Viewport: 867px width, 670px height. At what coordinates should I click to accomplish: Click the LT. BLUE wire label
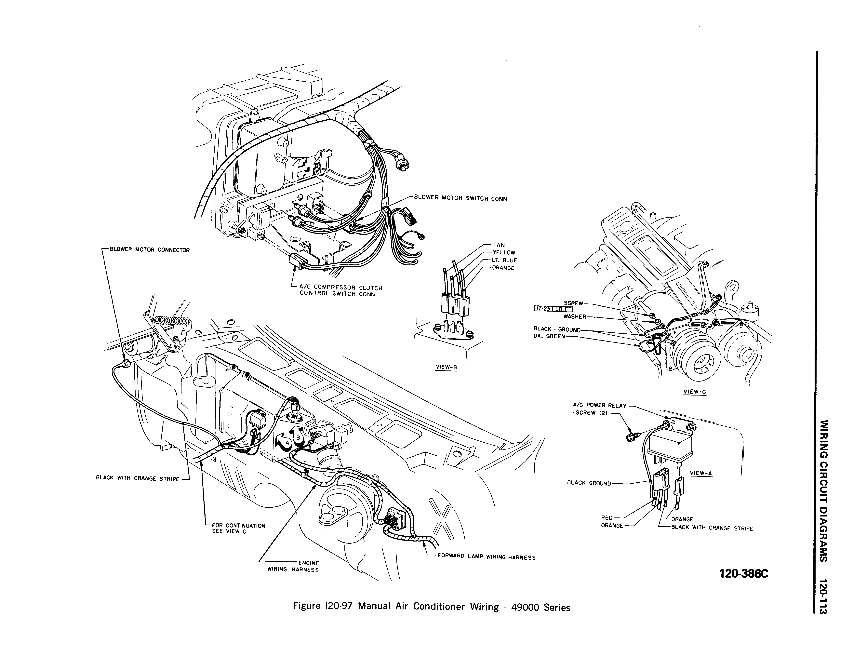pos(505,260)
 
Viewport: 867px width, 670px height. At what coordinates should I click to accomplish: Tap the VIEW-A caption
pos(701,473)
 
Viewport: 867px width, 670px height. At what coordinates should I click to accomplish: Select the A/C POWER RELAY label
pos(599,406)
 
